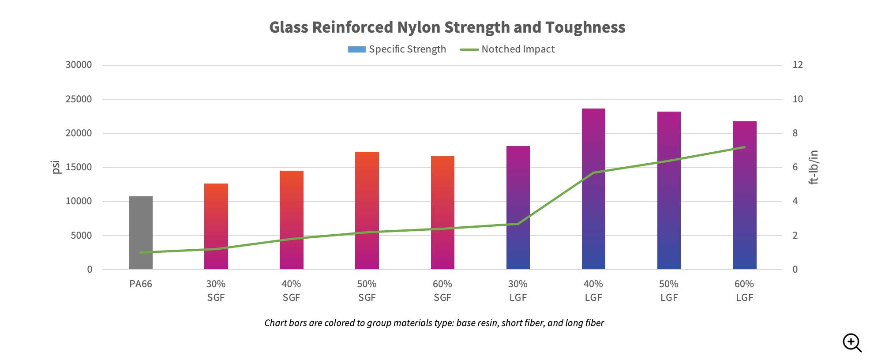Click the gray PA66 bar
140,233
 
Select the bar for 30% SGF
216,226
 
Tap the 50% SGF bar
367,210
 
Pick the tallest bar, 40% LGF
593,189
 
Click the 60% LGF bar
744,195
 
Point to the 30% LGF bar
518,207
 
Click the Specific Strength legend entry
397,49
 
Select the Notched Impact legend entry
507,49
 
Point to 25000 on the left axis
79,99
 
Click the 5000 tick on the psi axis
81,236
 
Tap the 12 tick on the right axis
798,65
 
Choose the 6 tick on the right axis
795,167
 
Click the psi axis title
56,167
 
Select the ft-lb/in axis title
814,167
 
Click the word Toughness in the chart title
585,27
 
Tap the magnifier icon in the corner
852,343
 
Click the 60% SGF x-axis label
442,290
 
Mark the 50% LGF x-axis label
669,290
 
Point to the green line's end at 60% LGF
745,147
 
